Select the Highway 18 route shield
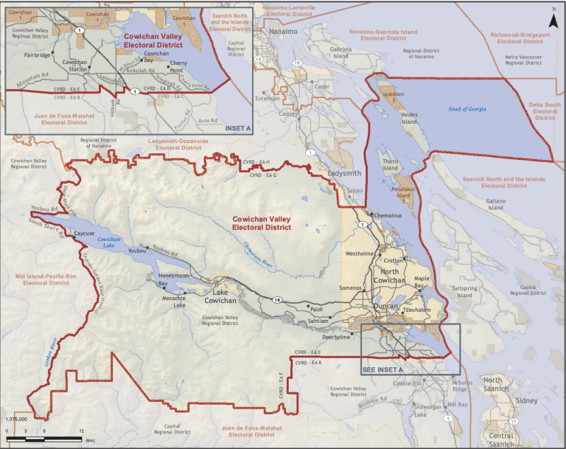(x=277, y=299)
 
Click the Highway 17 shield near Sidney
(x=514, y=422)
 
